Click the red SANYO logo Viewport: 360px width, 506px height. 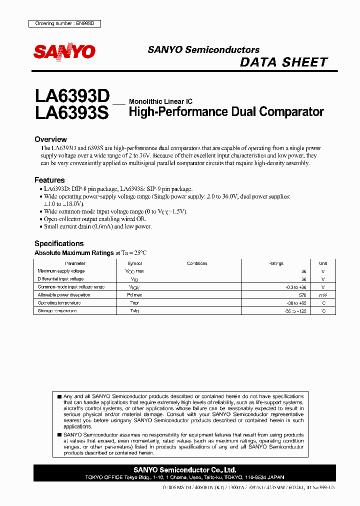64,51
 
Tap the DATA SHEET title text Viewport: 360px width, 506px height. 283,62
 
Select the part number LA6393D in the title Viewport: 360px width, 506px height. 71,95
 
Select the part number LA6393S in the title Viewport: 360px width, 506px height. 71,112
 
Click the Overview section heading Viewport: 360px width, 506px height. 50,139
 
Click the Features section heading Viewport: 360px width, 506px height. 49,180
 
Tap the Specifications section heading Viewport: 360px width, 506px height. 59,243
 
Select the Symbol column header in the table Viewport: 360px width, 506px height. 134,263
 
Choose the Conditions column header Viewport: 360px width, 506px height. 197,263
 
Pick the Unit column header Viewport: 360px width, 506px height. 323,263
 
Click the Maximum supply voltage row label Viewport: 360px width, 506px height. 61,271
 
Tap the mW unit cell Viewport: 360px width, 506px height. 323,295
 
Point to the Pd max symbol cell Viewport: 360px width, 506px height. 134,295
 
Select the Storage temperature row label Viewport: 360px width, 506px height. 57,311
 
